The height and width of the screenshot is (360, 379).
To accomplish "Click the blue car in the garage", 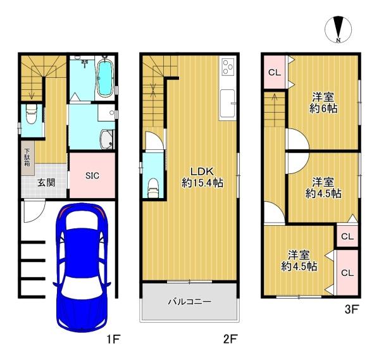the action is [x=82, y=268].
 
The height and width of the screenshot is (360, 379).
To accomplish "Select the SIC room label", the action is [x=92, y=175].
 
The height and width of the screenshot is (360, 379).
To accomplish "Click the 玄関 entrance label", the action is [x=46, y=183].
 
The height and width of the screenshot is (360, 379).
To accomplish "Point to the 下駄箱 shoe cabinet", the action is [x=27, y=158].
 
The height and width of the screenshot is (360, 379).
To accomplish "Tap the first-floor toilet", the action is [x=31, y=115].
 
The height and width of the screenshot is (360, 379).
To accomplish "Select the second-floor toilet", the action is [x=153, y=189].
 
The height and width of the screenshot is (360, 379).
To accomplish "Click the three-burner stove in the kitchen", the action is [x=228, y=66].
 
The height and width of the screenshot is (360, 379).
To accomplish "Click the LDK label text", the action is [x=202, y=172].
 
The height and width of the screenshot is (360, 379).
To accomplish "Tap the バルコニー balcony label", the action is [x=190, y=302].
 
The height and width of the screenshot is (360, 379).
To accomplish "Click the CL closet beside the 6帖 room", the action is [x=275, y=72].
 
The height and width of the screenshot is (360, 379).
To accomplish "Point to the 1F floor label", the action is [x=113, y=339].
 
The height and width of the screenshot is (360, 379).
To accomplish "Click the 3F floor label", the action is [x=351, y=309].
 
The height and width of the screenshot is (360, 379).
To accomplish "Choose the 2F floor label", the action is [x=230, y=339].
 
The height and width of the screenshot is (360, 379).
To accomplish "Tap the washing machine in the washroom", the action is [x=106, y=139].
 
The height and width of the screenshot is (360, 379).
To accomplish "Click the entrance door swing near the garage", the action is [x=34, y=210].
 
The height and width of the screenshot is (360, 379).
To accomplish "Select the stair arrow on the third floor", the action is [x=275, y=110].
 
